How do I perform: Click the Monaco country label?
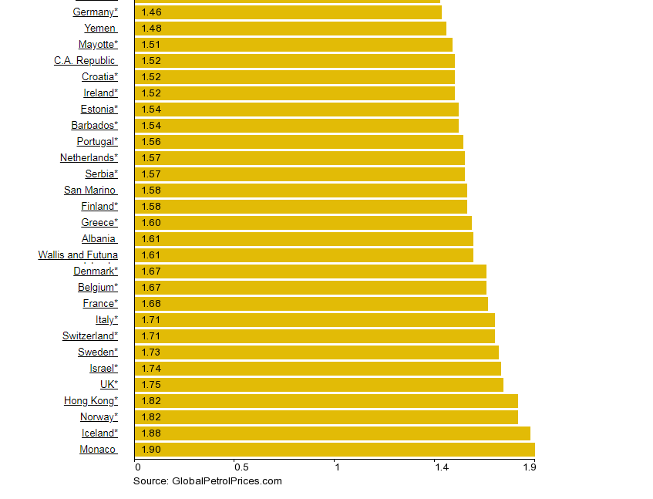(98, 450)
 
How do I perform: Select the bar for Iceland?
(332, 433)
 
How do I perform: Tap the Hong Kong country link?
(91, 401)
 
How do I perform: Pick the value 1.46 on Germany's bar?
(151, 12)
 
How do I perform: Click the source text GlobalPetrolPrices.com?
(207, 481)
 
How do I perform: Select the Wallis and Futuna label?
(78, 255)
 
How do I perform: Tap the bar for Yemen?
(290, 29)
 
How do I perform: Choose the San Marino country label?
(90, 190)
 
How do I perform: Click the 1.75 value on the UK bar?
(151, 385)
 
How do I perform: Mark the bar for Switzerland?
(315, 336)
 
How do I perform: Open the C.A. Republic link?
(85, 61)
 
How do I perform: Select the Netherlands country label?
(89, 158)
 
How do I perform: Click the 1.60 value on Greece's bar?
(151, 223)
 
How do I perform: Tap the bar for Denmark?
(310, 271)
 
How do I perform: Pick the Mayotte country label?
(98, 45)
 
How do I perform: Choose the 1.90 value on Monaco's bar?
(151, 450)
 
